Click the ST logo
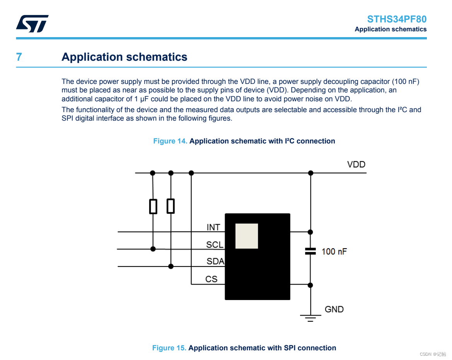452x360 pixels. tap(32, 24)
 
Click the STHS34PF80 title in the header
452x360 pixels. tap(397, 19)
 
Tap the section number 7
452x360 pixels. tap(19, 57)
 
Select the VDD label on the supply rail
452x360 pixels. tap(356, 164)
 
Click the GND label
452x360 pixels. tap(334, 309)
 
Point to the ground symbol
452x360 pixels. tap(310, 318)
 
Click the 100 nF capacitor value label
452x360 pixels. tap(334, 251)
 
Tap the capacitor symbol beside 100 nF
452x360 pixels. tap(310, 251)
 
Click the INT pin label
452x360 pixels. tap(213, 227)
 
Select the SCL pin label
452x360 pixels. tap(215, 245)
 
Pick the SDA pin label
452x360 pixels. tap(215, 262)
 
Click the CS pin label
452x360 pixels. tap(212, 279)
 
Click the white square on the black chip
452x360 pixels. tap(247, 236)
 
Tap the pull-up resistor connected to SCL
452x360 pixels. tap(153, 206)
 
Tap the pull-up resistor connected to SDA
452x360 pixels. tap(171, 206)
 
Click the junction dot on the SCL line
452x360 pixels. tap(153, 249)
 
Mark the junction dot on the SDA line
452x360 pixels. tap(171, 266)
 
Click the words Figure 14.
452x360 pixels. tap(170, 141)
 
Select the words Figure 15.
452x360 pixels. tap(169, 348)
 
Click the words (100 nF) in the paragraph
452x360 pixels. tap(406, 82)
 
